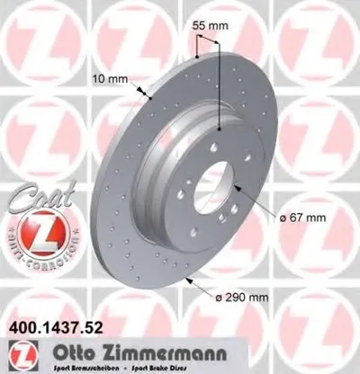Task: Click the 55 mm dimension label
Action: click(x=208, y=27)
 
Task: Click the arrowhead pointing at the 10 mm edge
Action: click(x=145, y=92)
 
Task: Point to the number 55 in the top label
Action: click(x=201, y=27)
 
